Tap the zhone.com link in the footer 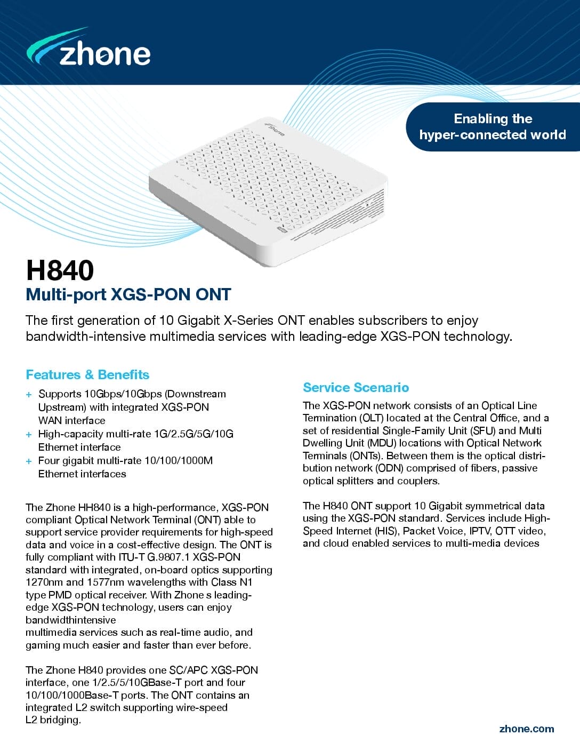tap(526, 729)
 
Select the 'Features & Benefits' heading tap(87, 374)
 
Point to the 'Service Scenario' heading tap(356, 387)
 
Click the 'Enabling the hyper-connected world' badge tap(492, 127)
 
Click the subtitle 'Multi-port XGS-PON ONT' tap(128, 294)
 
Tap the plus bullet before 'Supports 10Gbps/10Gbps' tap(29, 395)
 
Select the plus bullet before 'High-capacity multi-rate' tap(29, 435)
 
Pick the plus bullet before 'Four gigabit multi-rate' tap(29, 461)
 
